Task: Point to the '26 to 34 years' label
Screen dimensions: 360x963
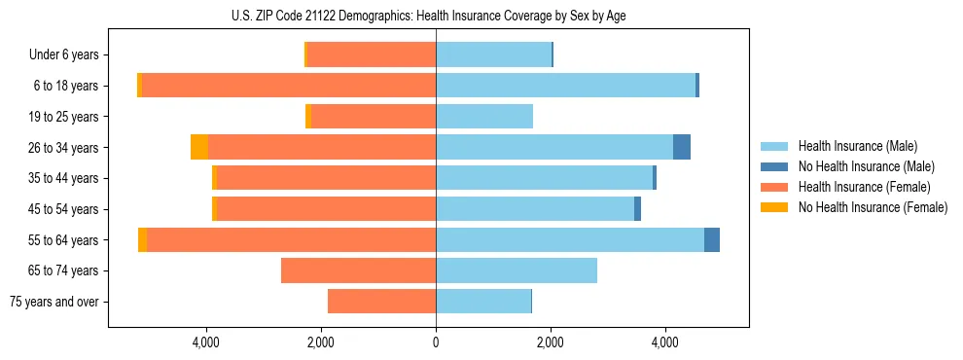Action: pyautogui.click(x=65, y=148)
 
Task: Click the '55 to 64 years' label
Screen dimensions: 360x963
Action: pyautogui.click(x=65, y=240)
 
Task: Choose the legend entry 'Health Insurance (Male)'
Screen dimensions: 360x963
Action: pyautogui.click(x=857, y=146)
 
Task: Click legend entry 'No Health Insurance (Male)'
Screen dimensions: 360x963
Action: pyautogui.click(x=866, y=166)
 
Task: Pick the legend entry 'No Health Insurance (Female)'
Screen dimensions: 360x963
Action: pyautogui.click(x=872, y=207)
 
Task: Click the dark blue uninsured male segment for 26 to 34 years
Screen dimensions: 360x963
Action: pyautogui.click(x=682, y=148)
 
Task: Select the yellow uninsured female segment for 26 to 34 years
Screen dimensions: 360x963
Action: pyautogui.click(x=199, y=148)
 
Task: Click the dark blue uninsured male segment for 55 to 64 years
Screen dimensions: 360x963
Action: pyautogui.click(x=712, y=240)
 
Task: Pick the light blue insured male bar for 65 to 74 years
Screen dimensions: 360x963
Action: pyautogui.click(x=517, y=270)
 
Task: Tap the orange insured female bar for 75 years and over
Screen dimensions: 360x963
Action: pyautogui.click(x=381, y=302)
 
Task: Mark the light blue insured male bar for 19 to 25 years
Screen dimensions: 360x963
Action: pyautogui.click(x=484, y=117)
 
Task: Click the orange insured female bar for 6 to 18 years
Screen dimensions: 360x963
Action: pyautogui.click(x=288, y=86)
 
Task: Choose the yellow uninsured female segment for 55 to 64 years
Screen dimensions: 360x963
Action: pyautogui.click(x=143, y=240)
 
